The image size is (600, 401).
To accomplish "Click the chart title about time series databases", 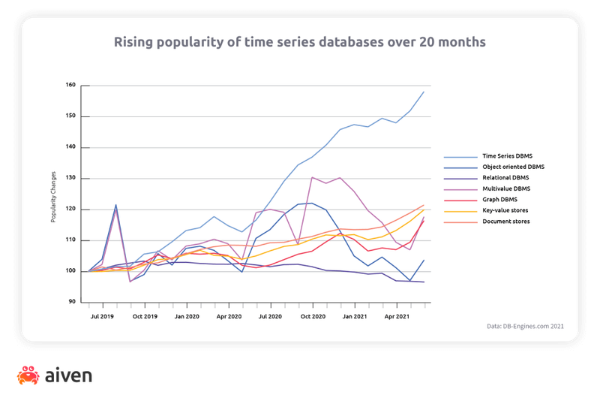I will coord(299,41).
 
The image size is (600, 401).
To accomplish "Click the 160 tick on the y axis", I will coord(72,85).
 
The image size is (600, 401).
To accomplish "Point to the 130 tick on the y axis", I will coord(72,178).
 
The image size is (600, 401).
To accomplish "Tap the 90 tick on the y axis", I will coord(73,302).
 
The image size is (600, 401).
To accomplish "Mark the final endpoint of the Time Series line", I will coord(424,92).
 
